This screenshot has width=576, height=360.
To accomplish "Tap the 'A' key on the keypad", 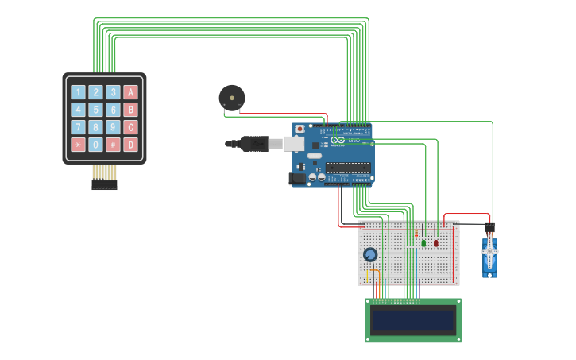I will [x=130, y=92].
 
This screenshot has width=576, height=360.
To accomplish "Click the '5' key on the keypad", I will [x=95, y=110].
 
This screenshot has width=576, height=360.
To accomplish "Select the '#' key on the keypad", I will [x=113, y=145].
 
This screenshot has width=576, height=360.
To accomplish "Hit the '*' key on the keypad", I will [x=78, y=145].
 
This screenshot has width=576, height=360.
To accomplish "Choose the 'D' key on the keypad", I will [x=130, y=145].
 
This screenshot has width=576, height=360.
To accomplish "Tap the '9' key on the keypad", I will [x=113, y=127].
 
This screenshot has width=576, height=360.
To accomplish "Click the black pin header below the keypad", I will [x=104, y=184].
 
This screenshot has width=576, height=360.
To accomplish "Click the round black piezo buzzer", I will [x=232, y=98].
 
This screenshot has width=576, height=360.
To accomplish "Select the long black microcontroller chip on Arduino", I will [x=348, y=168].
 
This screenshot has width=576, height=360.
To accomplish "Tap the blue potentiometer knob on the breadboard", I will [x=370, y=255].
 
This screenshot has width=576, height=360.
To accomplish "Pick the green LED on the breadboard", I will [x=423, y=243].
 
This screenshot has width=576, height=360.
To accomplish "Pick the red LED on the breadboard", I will [x=435, y=243].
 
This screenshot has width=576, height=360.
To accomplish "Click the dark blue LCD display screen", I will [x=413, y=320].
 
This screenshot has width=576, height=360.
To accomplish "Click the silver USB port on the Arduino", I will [x=294, y=144].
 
